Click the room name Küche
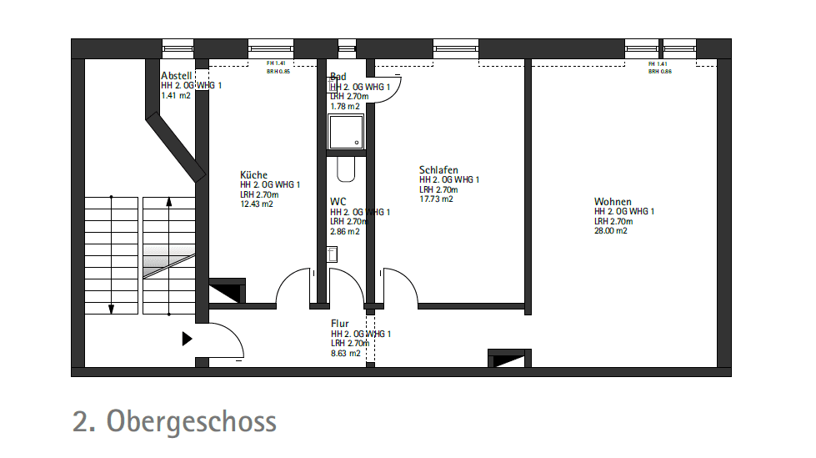253,175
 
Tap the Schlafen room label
438,170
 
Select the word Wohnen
613,202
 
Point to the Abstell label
177,76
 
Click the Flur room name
340,324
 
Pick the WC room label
338,202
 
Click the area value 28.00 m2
611,231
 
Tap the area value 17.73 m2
436,199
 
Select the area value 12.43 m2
257,204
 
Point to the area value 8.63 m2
346,354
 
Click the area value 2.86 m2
345,232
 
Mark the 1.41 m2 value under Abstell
176,96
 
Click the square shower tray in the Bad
345,133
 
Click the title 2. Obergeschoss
174,421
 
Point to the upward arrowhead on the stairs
169,201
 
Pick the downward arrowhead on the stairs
111,309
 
